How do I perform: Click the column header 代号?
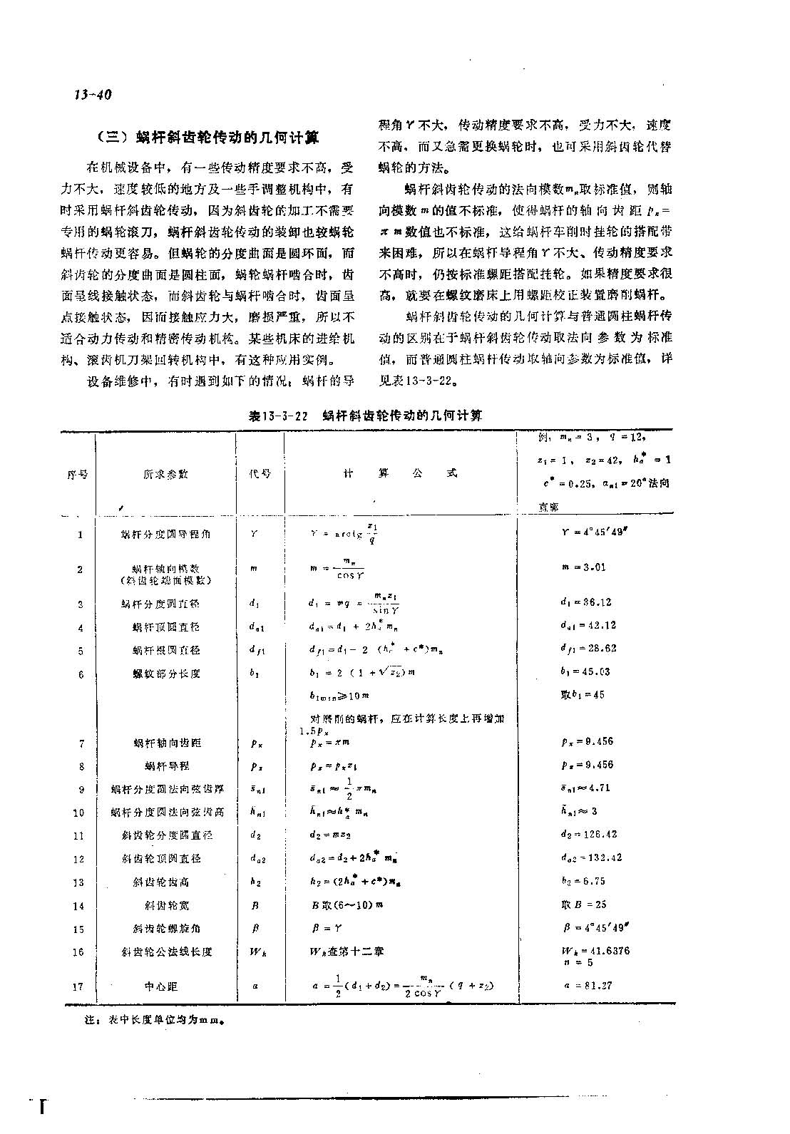point(260,474)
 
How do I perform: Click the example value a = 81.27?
point(588,986)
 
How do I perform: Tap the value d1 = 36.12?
point(587,602)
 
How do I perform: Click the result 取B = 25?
point(583,904)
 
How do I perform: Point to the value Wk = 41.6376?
point(595,951)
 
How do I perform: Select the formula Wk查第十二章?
point(347,952)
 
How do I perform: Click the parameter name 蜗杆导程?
point(167,766)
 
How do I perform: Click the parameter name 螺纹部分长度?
point(166,674)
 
